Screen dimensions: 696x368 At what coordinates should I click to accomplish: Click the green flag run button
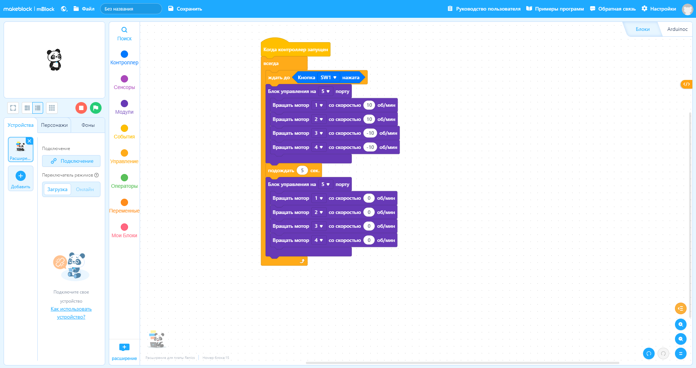[x=95, y=108]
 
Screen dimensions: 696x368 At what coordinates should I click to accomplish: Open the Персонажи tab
[x=54, y=125]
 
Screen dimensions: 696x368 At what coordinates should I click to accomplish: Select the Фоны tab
[x=88, y=125]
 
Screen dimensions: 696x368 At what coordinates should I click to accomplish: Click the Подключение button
[x=71, y=161]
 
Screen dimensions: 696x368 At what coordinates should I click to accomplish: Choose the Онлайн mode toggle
[x=85, y=189]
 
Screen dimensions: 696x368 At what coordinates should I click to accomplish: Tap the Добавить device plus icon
[x=21, y=176]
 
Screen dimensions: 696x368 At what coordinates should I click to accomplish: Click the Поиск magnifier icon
[x=124, y=30]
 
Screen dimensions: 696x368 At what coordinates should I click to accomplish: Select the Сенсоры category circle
[x=124, y=79]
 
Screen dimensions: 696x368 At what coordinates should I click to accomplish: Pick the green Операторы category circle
[x=124, y=178]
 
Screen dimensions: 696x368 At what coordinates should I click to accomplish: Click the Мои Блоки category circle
[x=124, y=227]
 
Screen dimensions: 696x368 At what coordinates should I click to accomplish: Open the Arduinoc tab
[x=677, y=29]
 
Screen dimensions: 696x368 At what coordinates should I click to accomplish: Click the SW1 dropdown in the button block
[x=329, y=77]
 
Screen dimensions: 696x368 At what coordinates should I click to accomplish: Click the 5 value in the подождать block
[x=302, y=170]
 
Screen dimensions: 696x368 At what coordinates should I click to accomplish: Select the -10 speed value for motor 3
[x=370, y=133]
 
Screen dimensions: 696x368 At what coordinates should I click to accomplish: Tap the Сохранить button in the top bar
[x=185, y=9]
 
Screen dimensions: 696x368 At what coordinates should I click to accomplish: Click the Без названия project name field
[x=131, y=9]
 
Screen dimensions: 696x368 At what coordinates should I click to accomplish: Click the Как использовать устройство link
[x=71, y=313]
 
